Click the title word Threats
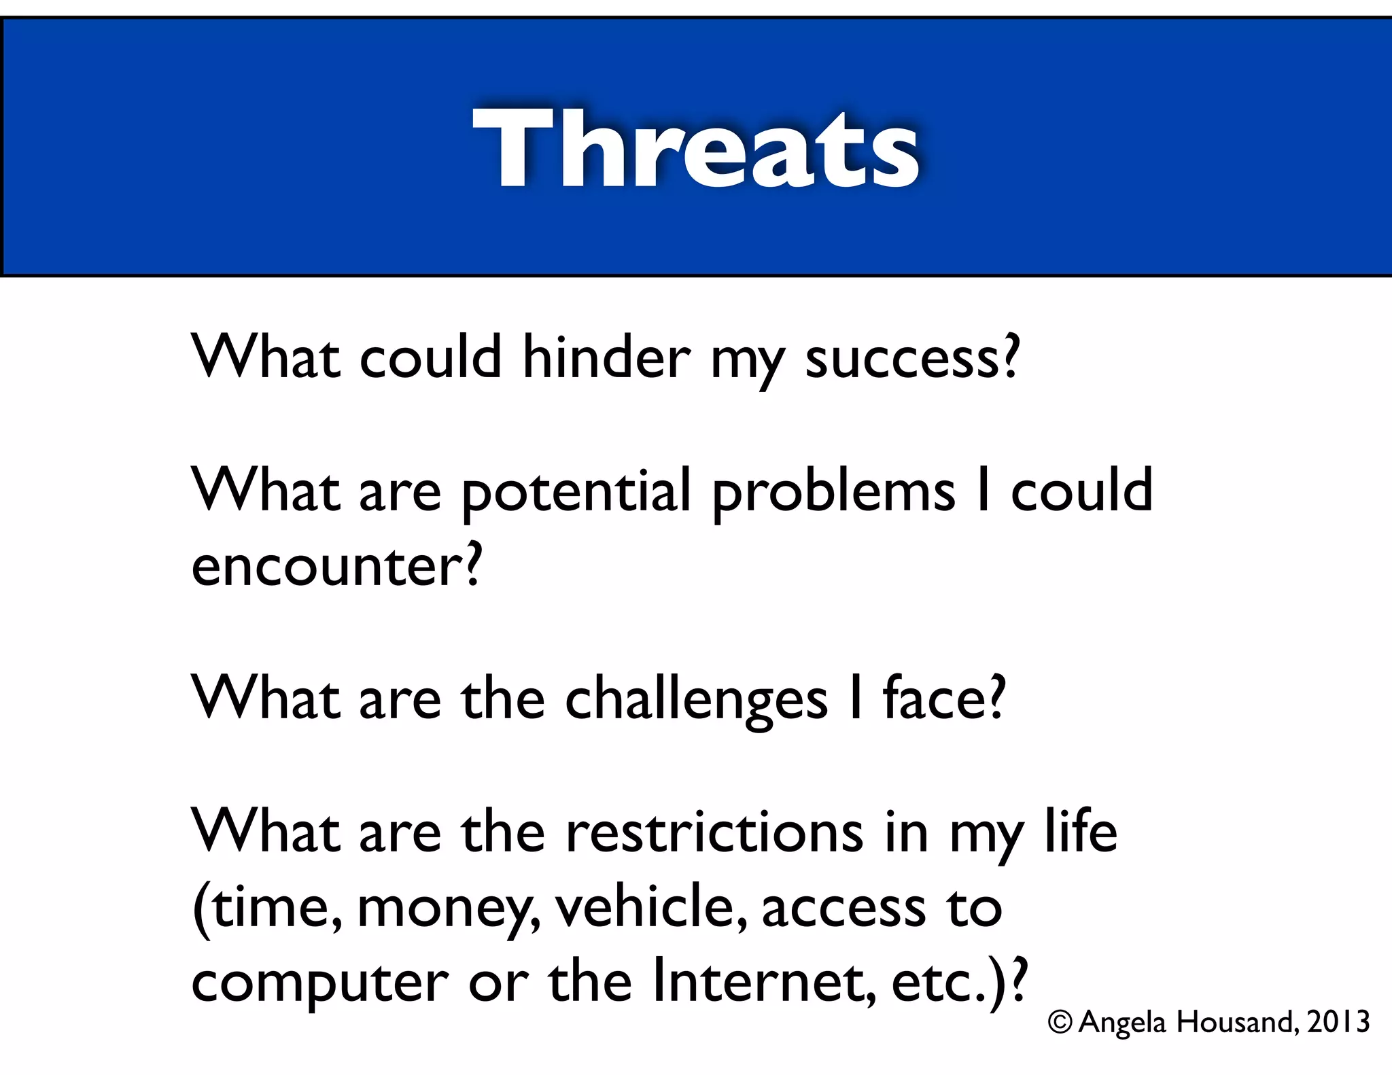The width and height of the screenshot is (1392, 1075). coord(696,148)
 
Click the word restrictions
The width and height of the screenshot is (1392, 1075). coord(714,832)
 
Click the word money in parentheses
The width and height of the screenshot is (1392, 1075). coord(445,909)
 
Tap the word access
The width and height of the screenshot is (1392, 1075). coord(843,909)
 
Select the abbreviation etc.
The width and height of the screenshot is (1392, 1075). coord(935,983)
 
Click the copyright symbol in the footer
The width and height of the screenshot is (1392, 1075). coord(1060,1021)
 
